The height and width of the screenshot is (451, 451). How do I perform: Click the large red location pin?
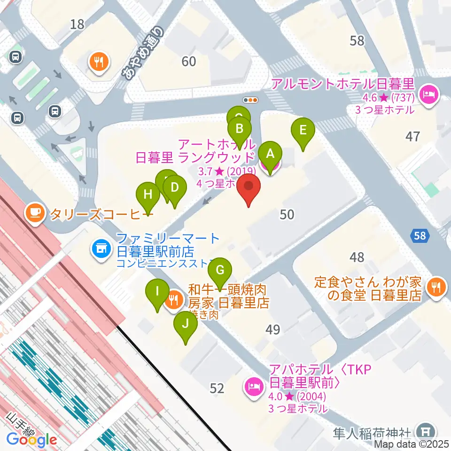(x=249, y=188)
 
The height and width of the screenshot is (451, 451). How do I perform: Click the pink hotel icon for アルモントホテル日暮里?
(x=428, y=94)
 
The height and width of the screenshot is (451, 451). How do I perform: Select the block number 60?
(x=189, y=61)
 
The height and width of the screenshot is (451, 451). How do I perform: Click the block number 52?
(x=217, y=388)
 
